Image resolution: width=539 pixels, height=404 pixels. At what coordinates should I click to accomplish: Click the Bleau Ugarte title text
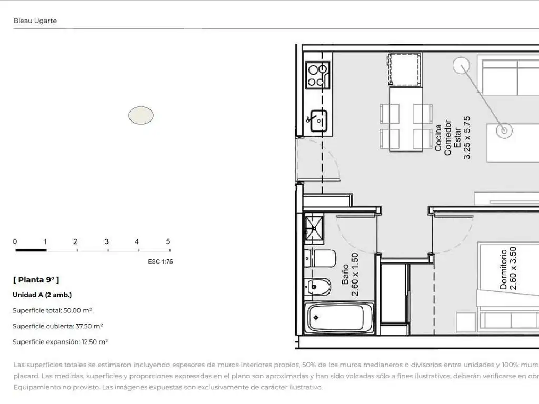35,21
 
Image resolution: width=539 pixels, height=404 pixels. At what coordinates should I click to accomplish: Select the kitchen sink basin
318,120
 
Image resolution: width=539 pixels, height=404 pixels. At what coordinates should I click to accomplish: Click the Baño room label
345,275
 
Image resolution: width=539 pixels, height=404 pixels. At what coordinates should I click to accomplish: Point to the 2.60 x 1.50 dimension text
355,275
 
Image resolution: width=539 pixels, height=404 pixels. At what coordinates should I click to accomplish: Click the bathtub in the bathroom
339,318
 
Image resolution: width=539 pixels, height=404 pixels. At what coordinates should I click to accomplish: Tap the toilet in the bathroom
320,258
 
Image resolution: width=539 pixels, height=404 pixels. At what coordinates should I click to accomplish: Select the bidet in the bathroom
317,287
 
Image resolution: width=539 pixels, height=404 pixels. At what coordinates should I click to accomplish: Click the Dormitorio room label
503,270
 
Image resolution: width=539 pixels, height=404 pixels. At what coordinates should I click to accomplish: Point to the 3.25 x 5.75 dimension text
467,138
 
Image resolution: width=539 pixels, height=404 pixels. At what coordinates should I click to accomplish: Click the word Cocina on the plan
438,138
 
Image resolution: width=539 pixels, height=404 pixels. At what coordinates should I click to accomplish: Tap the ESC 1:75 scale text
161,262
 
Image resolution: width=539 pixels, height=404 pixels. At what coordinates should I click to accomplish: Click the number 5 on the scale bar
168,241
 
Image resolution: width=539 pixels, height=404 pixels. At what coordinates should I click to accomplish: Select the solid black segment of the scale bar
31,250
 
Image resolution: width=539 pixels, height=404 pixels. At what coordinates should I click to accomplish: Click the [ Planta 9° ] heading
36,280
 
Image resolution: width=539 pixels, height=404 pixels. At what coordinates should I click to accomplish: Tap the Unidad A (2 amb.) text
42,295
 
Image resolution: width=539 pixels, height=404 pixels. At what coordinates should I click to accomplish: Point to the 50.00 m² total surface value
78,310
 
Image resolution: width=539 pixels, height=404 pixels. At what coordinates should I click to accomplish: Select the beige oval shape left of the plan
141,115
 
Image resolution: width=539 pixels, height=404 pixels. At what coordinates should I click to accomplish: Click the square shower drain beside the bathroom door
314,228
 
